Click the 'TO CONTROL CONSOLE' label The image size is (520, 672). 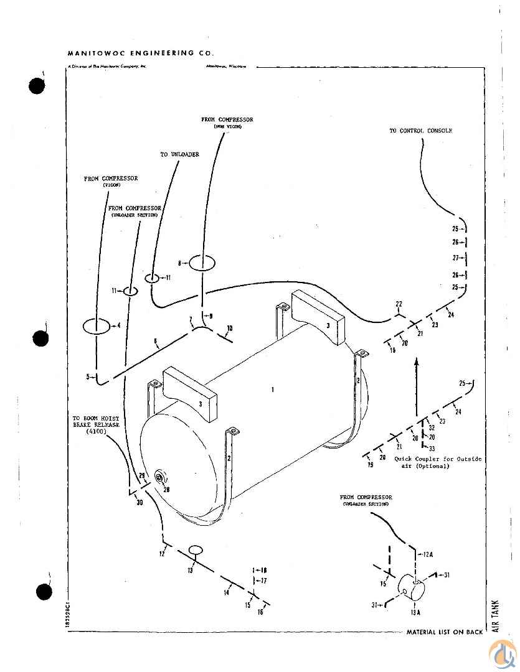coord(420,131)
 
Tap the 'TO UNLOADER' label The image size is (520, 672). coord(180,154)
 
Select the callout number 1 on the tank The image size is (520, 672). coord(272,390)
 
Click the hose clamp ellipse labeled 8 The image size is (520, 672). coord(202,263)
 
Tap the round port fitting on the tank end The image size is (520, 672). coord(160,478)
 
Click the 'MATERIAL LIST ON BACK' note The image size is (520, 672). coord(444,632)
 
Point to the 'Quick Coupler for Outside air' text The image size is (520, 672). coord(438,462)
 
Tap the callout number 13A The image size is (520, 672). coord(416,612)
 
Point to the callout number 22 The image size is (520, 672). coord(399,304)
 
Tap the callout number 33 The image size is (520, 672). coord(432,448)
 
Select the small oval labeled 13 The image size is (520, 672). coord(196,550)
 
